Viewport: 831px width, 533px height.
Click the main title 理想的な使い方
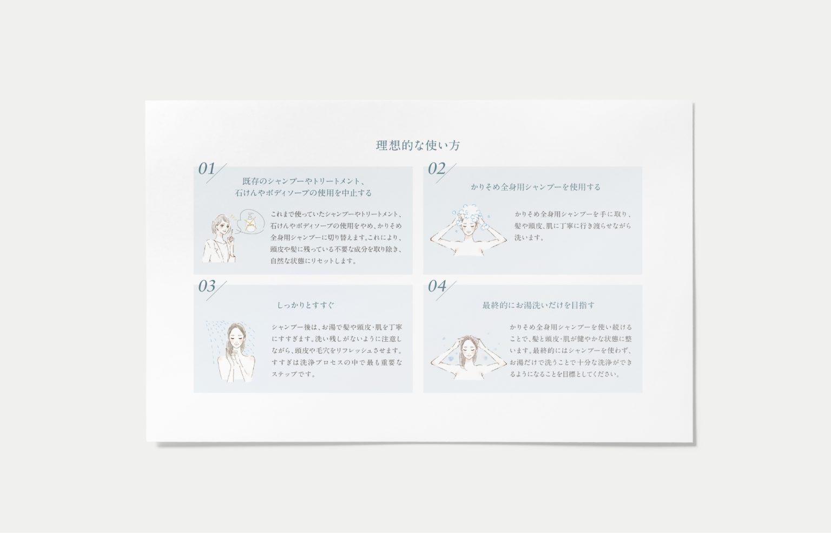(x=418, y=145)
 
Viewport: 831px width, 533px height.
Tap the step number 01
(x=207, y=169)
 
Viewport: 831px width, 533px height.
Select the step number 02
(x=437, y=169)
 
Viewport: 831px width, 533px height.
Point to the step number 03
(x=207, y=286)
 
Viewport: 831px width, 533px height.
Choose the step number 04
(x=437, y=286)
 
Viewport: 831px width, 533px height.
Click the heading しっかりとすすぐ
(x=306, y=305)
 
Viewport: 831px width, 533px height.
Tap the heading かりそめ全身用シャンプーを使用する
(x=535, y=187)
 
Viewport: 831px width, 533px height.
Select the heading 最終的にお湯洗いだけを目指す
(x=538, y=305)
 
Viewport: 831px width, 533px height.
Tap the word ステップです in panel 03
(x=294, y=374)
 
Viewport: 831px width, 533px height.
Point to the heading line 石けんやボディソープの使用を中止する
(x=303, y=193)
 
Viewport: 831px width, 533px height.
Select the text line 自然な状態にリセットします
(x=313, y=261)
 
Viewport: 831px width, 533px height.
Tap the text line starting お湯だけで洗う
(x=571, y=362)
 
